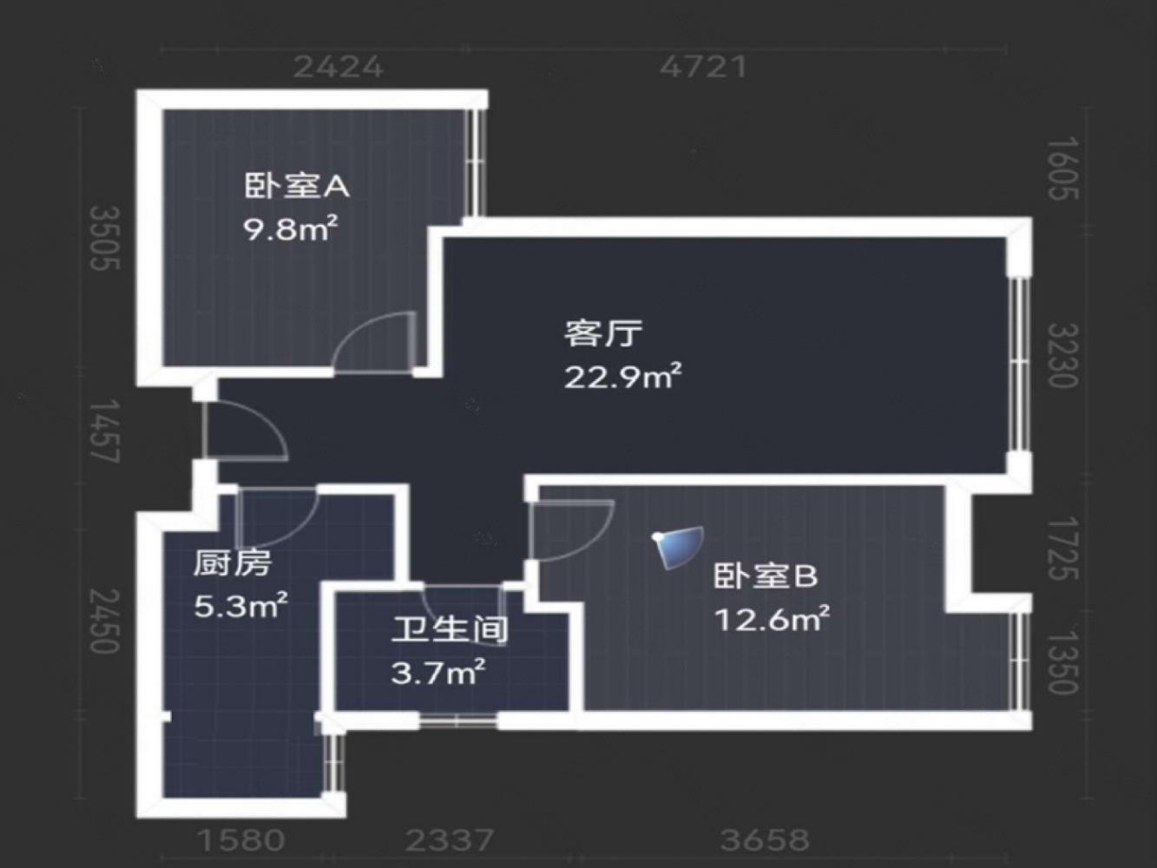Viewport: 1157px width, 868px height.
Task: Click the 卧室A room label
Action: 296,186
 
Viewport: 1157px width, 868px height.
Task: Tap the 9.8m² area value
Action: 290,229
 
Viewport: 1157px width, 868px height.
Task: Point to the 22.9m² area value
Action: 622,377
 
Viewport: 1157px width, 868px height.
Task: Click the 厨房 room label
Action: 232,563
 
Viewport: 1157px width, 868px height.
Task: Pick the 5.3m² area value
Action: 240,605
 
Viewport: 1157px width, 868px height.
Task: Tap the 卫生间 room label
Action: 449,629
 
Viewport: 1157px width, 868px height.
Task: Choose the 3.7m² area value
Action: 437,672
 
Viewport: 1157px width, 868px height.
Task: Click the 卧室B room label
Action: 766,575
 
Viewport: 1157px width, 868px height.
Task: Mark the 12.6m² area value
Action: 772,619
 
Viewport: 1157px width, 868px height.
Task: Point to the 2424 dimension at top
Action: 338,67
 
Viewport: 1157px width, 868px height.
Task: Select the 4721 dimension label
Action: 703,67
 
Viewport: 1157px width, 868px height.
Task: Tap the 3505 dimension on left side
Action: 106,238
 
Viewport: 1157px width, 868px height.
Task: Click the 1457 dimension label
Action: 106,431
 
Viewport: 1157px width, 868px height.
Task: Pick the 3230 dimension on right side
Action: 1062,355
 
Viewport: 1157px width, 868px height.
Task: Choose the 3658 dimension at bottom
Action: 765,839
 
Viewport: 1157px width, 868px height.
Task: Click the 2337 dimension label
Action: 450,839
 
